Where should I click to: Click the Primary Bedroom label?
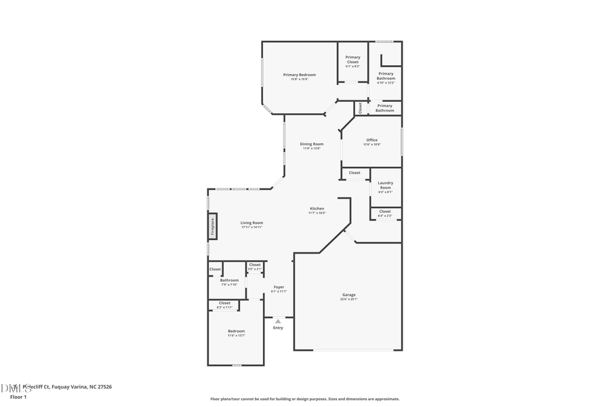[x=299, y=75]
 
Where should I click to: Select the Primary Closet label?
[x=352, y=60]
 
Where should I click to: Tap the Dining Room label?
[x=312, y=144]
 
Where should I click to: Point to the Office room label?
[x=372, y=140]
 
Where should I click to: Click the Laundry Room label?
[x=385, y=185]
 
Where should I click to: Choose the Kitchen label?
[x=317, y=209]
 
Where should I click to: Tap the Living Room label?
[x=251, y=223]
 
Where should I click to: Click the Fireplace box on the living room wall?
[x=212, y=227]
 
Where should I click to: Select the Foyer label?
[x=279, y=288]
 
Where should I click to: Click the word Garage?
[x=349, y=295]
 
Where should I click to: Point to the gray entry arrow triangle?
[x=278, y=321]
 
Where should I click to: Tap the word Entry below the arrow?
[x=278, y=328]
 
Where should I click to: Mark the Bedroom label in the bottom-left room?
[x=236, y=331]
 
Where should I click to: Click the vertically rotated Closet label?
[x=361, y=108]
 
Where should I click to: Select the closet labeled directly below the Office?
[x=354, y=173]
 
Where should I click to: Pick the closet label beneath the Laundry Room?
[x=385, y=212]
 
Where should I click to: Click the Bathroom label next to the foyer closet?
[x=229, y=280]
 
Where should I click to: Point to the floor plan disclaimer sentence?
[x=305, y=399]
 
